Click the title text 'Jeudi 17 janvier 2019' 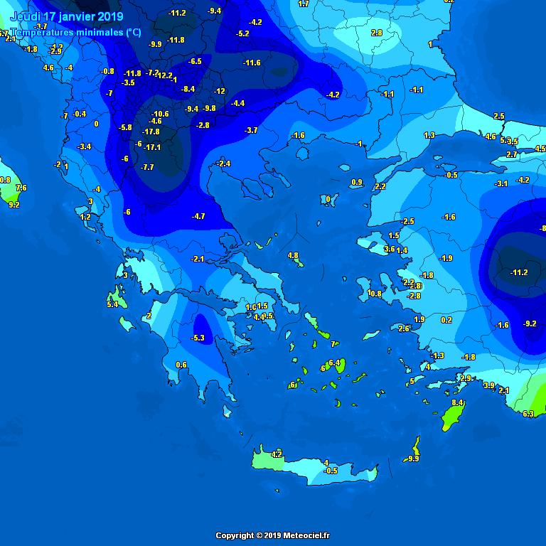click(x=67, y=16)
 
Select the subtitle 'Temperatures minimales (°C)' click(x=76, y=33)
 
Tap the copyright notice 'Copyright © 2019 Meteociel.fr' click(x=273, y=535)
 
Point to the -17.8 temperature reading click(x=151, y=132)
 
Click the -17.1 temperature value click(x=152, y=147)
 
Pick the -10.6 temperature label click(x=161, y=114)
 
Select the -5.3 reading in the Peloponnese click(x=198, y=338)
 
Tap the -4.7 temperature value click(x=198, y=216)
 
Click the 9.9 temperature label click(x=414, y=459)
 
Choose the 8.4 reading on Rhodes click(x=458, y=402)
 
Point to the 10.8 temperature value click(x=375, y=294)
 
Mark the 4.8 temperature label click(x=293, y=255)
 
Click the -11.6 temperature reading click(x=252, y=63)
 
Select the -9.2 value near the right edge click(x=530, y=323)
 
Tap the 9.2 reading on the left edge click(x=14, y=205)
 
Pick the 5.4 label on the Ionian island click(x=112, y=304)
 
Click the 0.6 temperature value click(x=181, y=365)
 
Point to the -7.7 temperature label click(x=147, y=167)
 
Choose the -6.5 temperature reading click(x=195, y=61)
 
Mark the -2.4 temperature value click(x=224, y=164)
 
